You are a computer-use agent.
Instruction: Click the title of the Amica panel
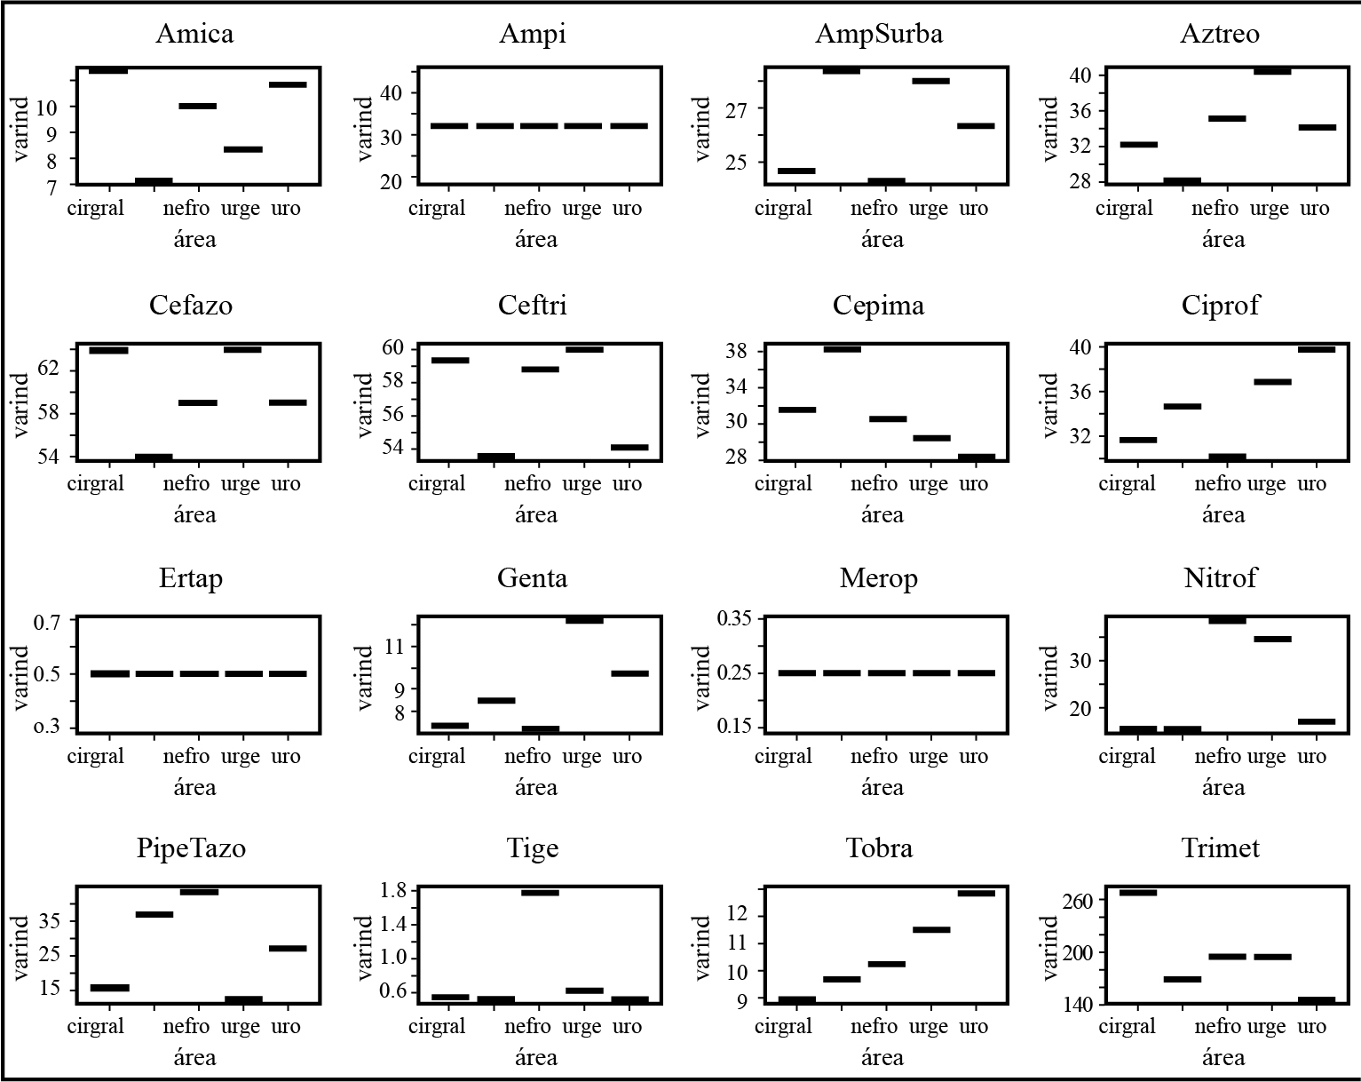pos(194,34)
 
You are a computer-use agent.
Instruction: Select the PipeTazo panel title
pos(191,848)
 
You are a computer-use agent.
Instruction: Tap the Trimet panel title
pos(1220,848)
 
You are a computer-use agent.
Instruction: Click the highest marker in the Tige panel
pos(540,893)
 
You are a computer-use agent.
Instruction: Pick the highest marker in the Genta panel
pos(584,620)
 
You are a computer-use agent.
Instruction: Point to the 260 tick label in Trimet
pos(1079,901)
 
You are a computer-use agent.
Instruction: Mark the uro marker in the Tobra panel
pos(976,894)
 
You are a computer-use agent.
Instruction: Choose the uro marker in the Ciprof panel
pos(1317,349)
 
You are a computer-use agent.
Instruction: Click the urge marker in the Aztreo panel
pos(1271,71)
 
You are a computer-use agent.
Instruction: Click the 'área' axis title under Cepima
pos(882,514)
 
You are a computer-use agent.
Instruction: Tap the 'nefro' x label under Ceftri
pos(527,483)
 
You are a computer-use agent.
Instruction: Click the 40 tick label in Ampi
pos(391,93)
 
